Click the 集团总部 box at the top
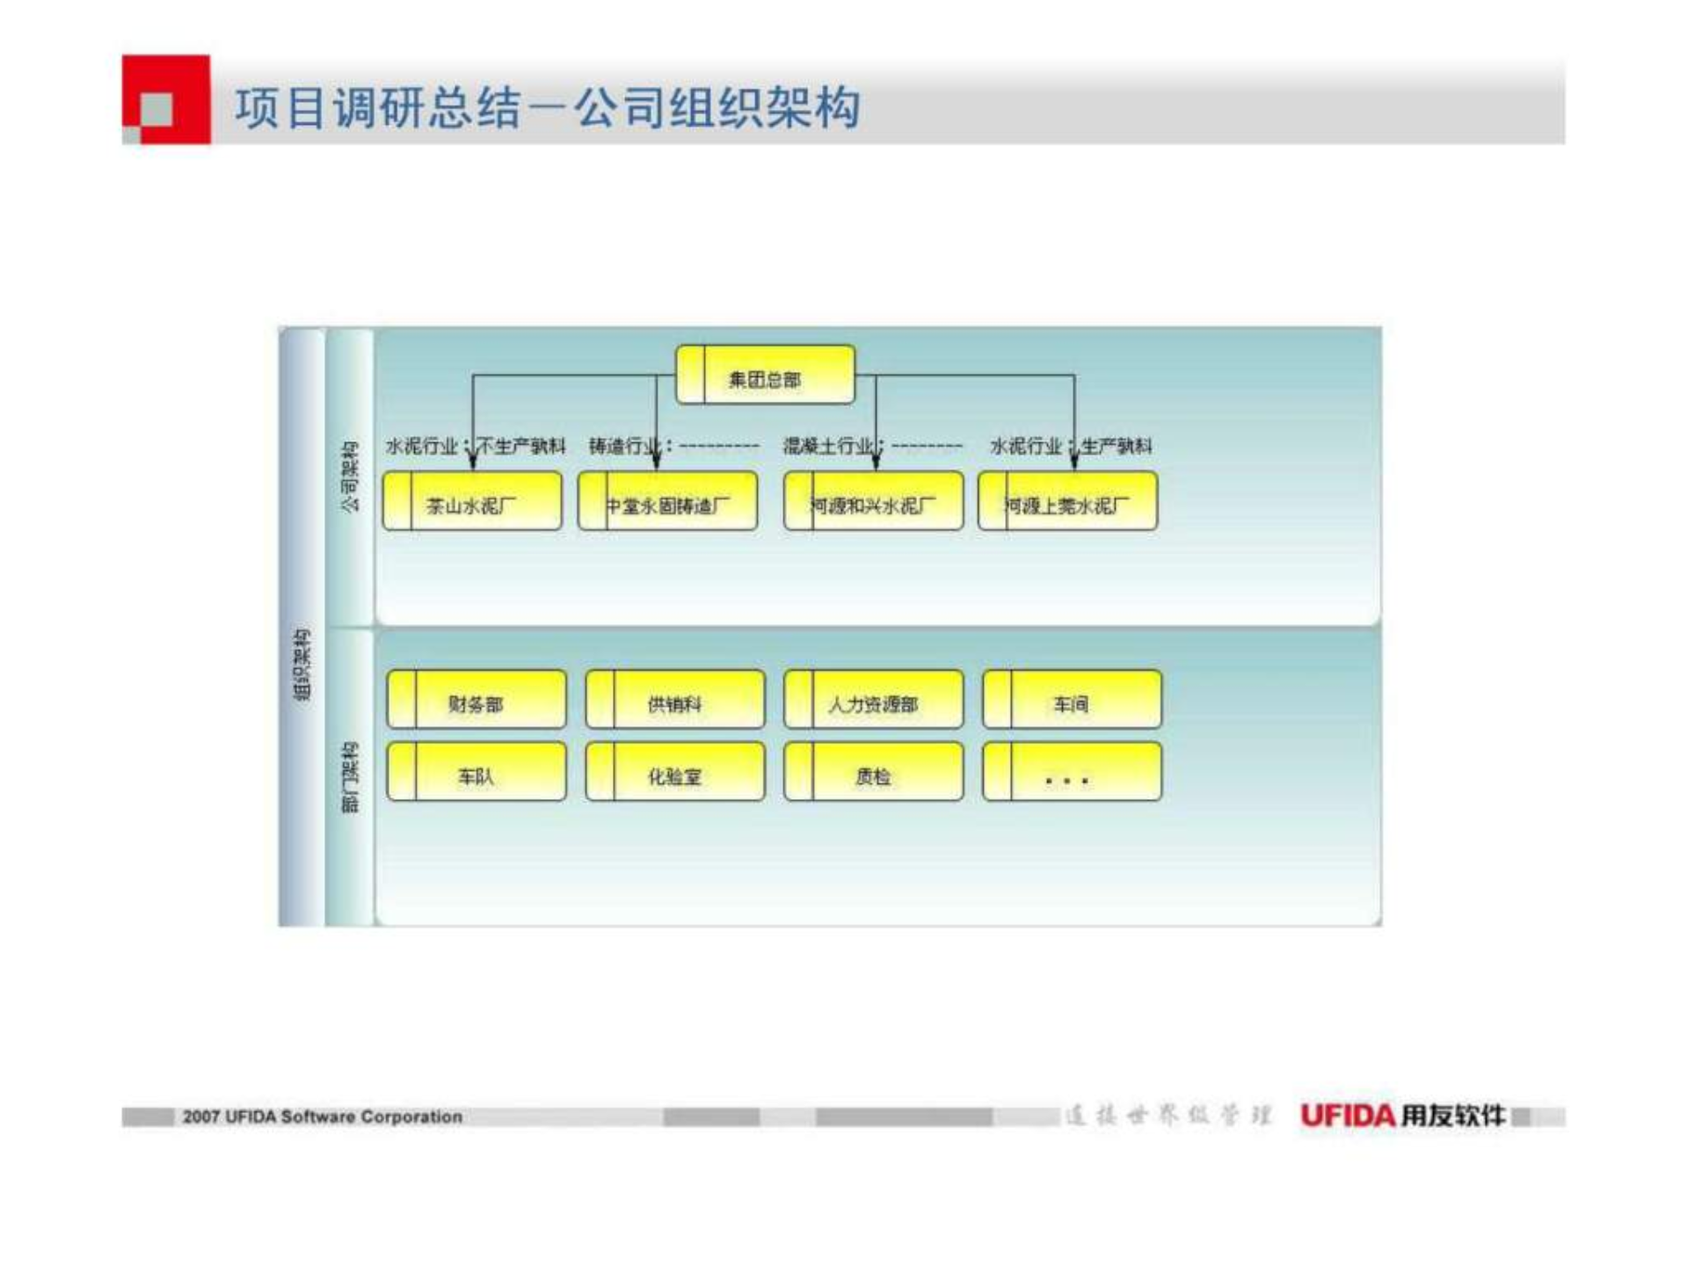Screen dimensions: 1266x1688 coord(765,375)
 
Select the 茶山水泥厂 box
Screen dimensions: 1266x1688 coord(472,502)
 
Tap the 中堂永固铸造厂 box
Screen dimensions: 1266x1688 coord(667,502)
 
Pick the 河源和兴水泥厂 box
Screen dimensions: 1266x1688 coord(873,502)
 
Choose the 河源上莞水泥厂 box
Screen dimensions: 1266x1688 coord(1067,502)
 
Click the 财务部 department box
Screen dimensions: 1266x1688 coord(477,701)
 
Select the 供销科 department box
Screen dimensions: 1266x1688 coord(675,701)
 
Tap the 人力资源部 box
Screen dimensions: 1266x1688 coord(873,701)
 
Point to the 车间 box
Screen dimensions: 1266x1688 coord(1072,701)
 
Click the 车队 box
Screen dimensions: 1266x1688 coord(477,773)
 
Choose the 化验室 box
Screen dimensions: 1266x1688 coord(675,773)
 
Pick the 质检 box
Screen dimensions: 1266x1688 coord(873,773)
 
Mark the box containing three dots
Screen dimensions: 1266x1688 coord(1072,773)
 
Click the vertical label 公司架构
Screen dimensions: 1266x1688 coord(350,477)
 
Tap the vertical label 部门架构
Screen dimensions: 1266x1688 coord(350,777)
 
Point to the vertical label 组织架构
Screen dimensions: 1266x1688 coord(302,665)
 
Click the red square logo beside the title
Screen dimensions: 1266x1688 coord(166,99)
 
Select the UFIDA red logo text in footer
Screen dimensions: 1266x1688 coord(1348,1116)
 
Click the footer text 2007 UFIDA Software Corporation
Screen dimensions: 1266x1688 coord(322,1117)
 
